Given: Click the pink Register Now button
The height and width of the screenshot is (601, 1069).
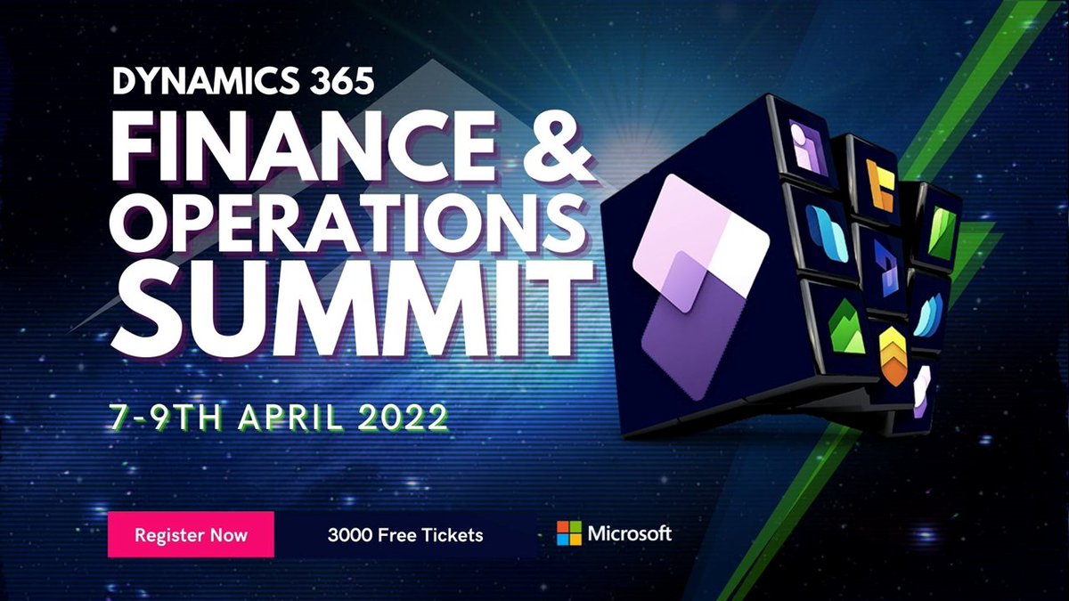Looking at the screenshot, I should click(191, 535).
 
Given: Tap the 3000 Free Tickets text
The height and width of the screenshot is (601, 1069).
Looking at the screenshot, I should click(405, 535).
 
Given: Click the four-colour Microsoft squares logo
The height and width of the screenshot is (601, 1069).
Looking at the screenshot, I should click(568, 533).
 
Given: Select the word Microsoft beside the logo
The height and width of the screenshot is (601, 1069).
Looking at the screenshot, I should click(629, 533).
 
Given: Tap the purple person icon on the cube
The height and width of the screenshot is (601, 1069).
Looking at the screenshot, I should click(808, 145).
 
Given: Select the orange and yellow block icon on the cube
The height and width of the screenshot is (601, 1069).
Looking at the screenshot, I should click(879, 186).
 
